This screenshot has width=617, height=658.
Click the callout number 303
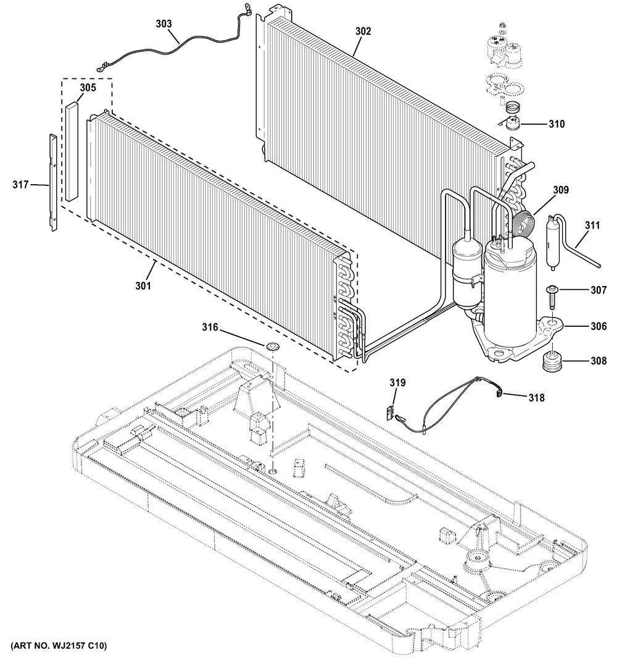click(164, 24)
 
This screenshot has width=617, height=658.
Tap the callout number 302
click(363, 31)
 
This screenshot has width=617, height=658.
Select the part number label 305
click(88, 88)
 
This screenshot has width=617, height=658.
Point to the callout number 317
click(20, 184)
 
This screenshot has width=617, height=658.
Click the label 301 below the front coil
click(143, 286)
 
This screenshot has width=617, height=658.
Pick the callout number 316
click(210, 326)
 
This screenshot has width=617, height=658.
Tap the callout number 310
click(557, 124)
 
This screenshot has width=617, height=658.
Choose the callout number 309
click(561, 190)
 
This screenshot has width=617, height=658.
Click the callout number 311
click(592, 226)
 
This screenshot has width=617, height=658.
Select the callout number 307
click(598, 290)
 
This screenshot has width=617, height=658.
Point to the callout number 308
click(598, 360)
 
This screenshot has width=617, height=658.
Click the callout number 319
click(397, 382)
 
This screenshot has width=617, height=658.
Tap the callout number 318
click(537, 397)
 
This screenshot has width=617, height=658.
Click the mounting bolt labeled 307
click(552, 298)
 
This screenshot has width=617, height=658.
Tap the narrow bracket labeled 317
click(52, 182)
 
